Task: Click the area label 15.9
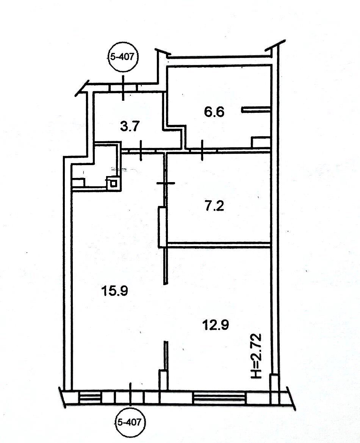coord(114,290)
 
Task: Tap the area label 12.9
coord(216,325)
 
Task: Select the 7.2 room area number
coord(214,206)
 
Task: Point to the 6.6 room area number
coord(214,112)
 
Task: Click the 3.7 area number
coord(130,126)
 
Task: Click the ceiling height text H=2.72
coord(257,356)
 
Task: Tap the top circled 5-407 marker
coord(122,57)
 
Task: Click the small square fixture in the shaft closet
coord(113,183)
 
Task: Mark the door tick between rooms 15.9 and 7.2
coord(166,183)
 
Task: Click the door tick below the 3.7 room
coord(141,151)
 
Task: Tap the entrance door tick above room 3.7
coord(123,88)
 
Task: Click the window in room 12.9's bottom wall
coord(219,398)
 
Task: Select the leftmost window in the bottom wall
coord(90,398)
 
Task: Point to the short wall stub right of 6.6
coord(256,110)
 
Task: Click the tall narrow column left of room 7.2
coord(162,227)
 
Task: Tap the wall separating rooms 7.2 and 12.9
coord(219,245)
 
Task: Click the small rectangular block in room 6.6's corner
coord(261,142)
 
